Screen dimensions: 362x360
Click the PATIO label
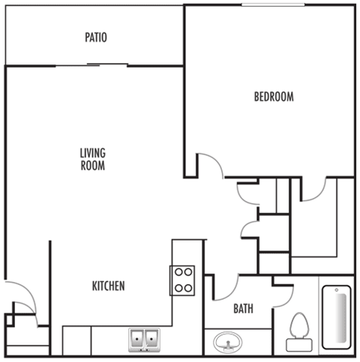pos(95,37)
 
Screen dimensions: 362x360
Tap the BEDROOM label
pos(273,97)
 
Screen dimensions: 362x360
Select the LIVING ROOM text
pos(92,160)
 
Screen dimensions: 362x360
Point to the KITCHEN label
pos(108,286)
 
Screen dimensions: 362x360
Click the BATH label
pos(243,308)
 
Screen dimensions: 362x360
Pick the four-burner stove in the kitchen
pos(184,280)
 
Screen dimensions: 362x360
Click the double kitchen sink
pos(145,340)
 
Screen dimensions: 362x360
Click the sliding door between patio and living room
pos(94,66)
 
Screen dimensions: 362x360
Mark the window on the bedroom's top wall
pos(273,5)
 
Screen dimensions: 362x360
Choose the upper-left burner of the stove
pos(179,273)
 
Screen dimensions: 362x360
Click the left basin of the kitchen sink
pos(139,340)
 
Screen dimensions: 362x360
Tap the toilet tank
pos(300,345)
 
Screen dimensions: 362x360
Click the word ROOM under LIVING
pos(92,166)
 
